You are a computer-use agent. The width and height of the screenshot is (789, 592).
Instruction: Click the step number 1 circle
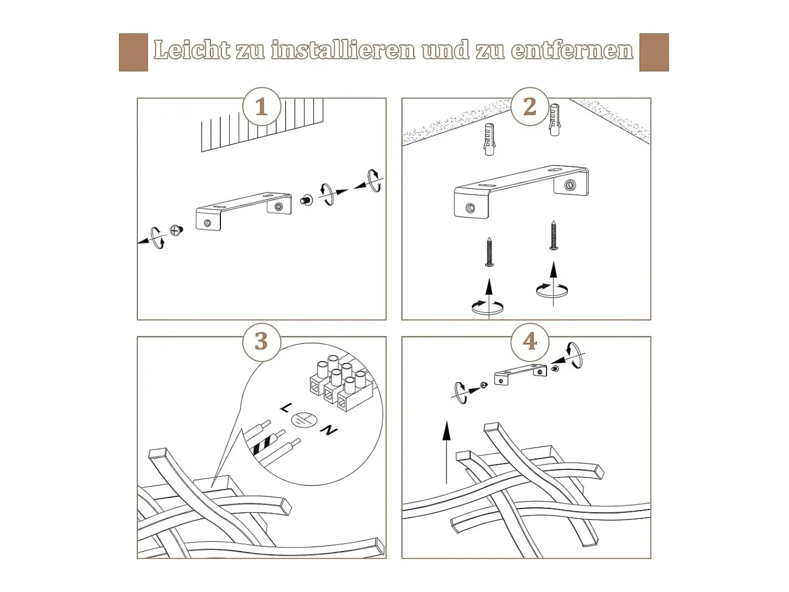261,107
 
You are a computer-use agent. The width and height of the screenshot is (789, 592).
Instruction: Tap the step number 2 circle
530,107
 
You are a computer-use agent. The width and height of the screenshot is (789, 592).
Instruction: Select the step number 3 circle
261,341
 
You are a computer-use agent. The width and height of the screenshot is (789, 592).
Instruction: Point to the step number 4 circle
530,341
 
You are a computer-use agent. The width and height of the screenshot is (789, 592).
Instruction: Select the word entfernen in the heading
572,50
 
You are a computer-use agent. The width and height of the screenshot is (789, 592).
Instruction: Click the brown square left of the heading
134,52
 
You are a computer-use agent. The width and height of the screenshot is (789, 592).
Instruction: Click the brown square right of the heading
654,52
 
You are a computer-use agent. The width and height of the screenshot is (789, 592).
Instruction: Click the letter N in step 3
329,430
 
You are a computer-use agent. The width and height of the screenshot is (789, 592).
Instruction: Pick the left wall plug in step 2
490,139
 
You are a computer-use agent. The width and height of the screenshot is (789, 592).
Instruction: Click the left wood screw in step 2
489,252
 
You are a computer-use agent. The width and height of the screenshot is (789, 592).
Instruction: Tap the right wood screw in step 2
553,236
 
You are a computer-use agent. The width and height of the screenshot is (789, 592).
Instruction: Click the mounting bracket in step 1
244,210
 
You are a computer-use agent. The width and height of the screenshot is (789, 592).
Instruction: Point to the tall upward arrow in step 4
446,452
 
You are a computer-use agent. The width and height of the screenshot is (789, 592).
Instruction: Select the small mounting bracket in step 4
521,375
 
